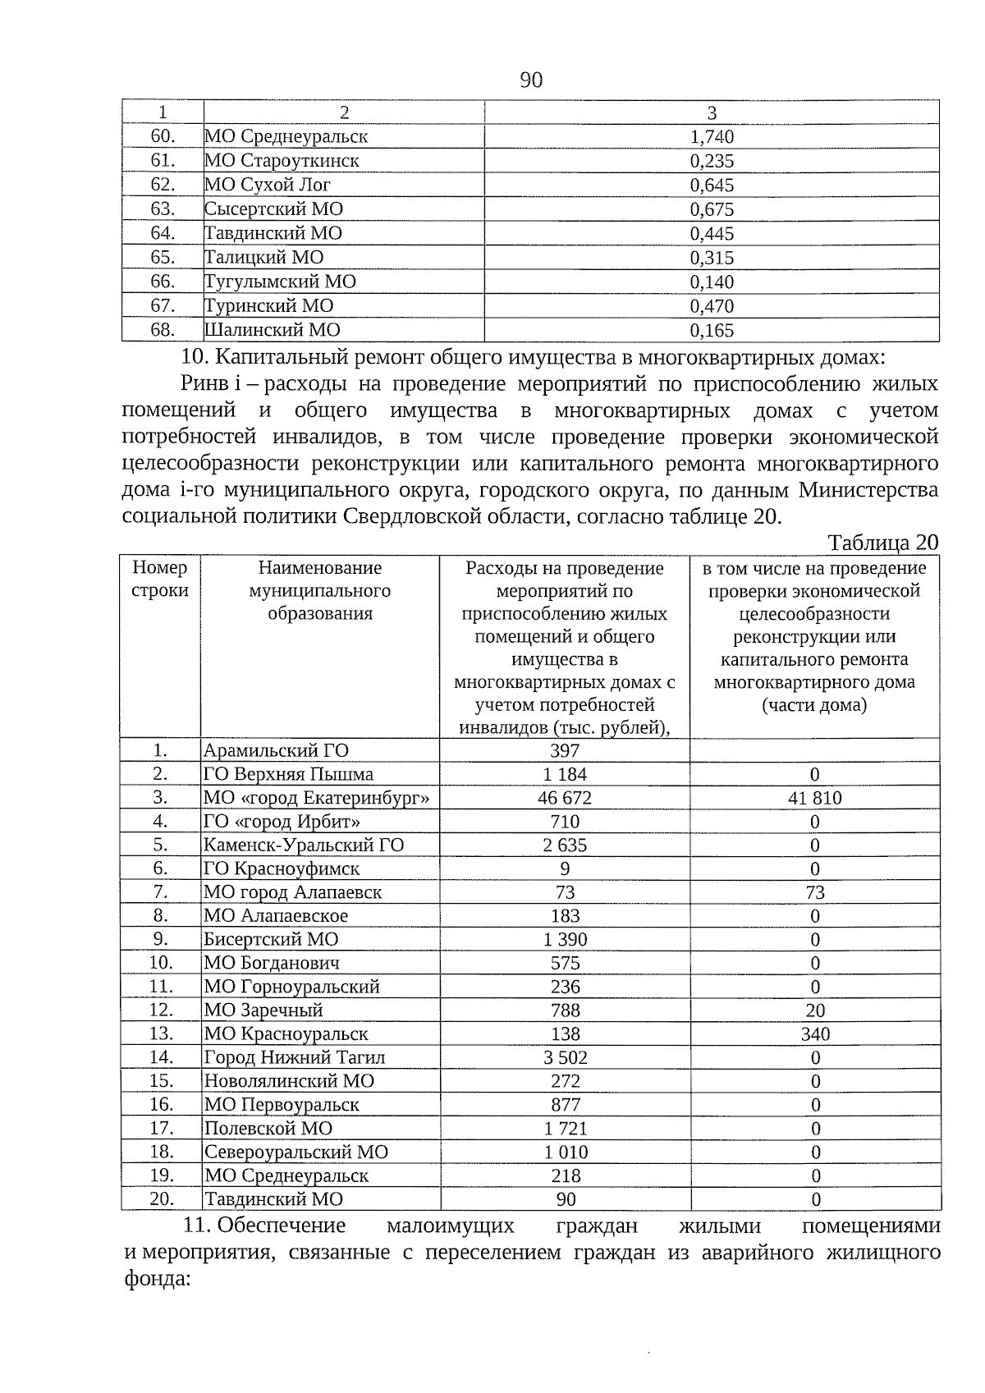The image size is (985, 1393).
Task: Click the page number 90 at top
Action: (x=531, y=80)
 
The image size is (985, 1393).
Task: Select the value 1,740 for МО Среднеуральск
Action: (x=712, y=137)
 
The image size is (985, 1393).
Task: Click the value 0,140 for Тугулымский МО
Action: (x=712, y=282)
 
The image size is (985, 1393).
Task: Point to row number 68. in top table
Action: (x=163, y=330)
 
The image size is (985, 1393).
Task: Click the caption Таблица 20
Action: (x=882, y=543)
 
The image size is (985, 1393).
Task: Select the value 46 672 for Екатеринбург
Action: (x=565, y=798)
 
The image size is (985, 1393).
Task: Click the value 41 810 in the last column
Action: (x=814, y=798)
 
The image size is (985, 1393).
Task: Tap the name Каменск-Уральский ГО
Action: (x=304, y=845)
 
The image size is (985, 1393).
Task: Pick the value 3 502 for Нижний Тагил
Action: (x=565, y=1057)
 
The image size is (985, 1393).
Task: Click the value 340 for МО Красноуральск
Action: (x=814, y=1034)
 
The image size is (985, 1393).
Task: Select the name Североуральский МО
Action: (x=295, y=1152)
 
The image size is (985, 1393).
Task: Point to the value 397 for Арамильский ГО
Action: (x=565, y=750)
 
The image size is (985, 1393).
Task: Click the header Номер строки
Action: (x=160, y=579)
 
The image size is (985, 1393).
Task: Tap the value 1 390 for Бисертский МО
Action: (x=565, y=940)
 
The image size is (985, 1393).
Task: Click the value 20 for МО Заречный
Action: (x=814, y=1010)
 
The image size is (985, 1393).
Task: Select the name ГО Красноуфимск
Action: (x=281, y=868)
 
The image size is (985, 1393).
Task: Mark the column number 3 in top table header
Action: (x=712, y=112)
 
